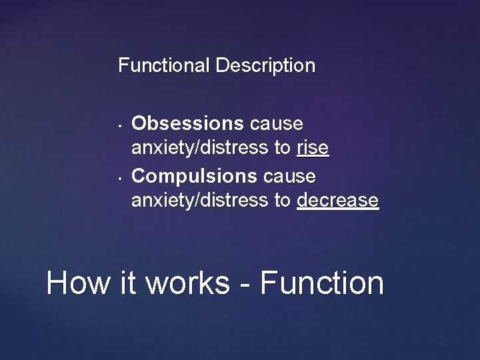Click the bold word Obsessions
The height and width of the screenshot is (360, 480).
pos(187,124)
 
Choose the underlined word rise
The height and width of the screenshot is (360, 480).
pos(313,148)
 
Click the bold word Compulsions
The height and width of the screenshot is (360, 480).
pos(194,176)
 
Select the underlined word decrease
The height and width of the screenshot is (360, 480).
pos(338,200)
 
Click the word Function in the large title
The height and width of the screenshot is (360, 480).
pos(322,283)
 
